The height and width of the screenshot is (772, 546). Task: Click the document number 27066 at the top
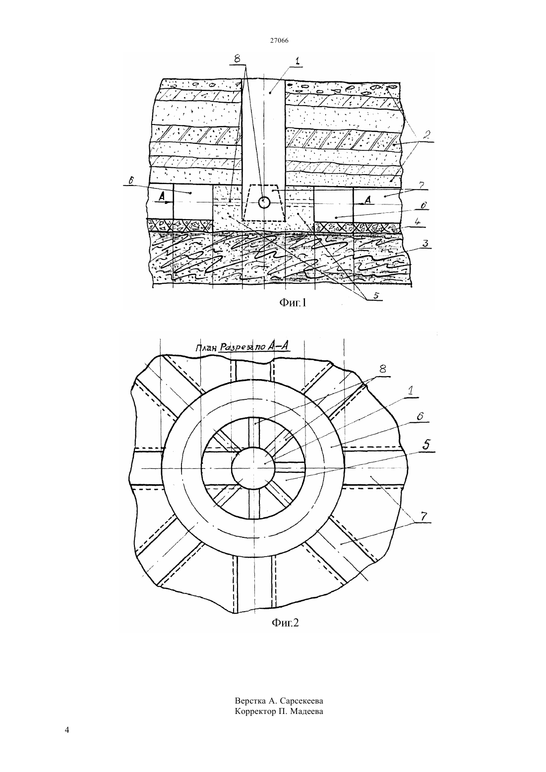click(x=279, y=40)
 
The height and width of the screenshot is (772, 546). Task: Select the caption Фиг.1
click(x=293, y=303)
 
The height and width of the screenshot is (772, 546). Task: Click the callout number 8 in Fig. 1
click(x=237, y=58)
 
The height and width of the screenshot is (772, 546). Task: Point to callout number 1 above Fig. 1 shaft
click(x=297, y=61)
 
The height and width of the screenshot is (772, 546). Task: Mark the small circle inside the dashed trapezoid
click(x=264, y=202)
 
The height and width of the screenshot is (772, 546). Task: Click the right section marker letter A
click(x=367, y=199)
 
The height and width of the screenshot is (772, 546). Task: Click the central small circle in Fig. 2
click(x=253, y=468)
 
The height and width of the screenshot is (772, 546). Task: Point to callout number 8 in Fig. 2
click(x=382, y=369)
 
